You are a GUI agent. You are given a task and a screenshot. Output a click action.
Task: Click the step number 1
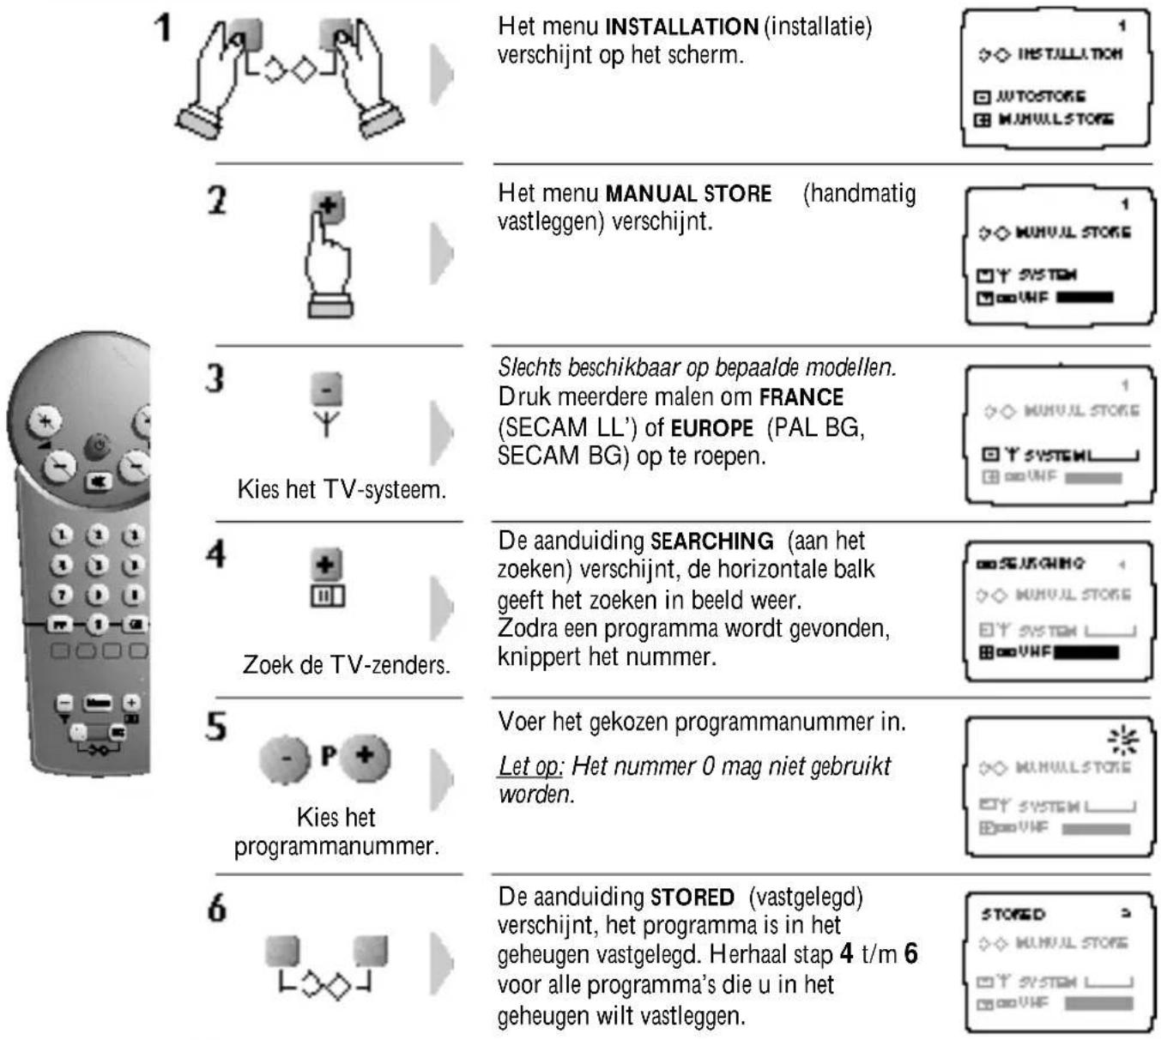coord(162,27)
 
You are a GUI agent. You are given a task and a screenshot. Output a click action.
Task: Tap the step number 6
coord(217,908)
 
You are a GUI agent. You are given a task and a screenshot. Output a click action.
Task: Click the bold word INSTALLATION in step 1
coord(681,27)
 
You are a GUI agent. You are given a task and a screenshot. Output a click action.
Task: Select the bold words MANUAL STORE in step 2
coord(688,193)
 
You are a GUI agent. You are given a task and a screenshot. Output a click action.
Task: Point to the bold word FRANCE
coord(801,397)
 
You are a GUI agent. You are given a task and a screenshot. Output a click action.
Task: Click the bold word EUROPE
coord(711,427)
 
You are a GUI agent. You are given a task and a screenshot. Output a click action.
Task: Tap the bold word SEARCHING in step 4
coord(711,541)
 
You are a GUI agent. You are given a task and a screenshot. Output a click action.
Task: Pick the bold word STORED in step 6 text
coord(692,898)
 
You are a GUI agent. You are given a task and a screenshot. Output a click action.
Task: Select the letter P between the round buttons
coord(328,756)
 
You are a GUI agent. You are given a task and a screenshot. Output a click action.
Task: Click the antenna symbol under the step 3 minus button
coord(326,423)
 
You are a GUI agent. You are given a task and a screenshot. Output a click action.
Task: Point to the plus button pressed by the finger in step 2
coord(328,206)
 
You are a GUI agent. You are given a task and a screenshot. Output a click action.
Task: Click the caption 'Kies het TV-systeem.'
coord(342,490)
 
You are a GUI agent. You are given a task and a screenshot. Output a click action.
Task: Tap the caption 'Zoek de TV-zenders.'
coord(346,664)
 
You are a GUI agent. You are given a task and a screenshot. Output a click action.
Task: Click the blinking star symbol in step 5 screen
coord(1122,739)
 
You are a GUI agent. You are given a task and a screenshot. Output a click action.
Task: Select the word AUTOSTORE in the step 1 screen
coord(1040,96)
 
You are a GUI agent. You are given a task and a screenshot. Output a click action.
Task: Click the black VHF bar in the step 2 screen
coord(1085,298)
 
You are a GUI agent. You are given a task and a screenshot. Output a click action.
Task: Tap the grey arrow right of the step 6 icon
coord(441,962)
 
